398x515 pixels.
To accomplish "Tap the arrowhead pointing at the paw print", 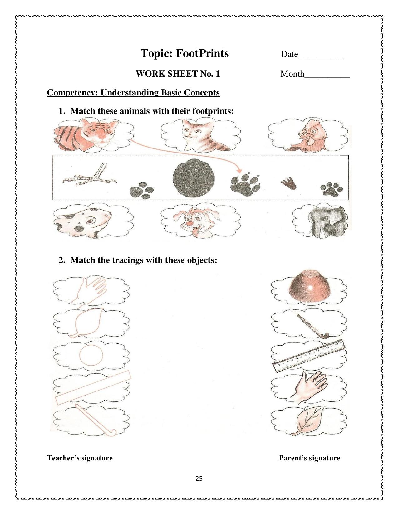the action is point(239,171).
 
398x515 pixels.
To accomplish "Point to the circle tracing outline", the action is point(91,356).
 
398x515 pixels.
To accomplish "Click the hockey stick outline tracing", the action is point(95,421).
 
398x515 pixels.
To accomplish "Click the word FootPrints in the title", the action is point(202,53).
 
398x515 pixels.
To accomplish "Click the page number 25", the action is point(199,479).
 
